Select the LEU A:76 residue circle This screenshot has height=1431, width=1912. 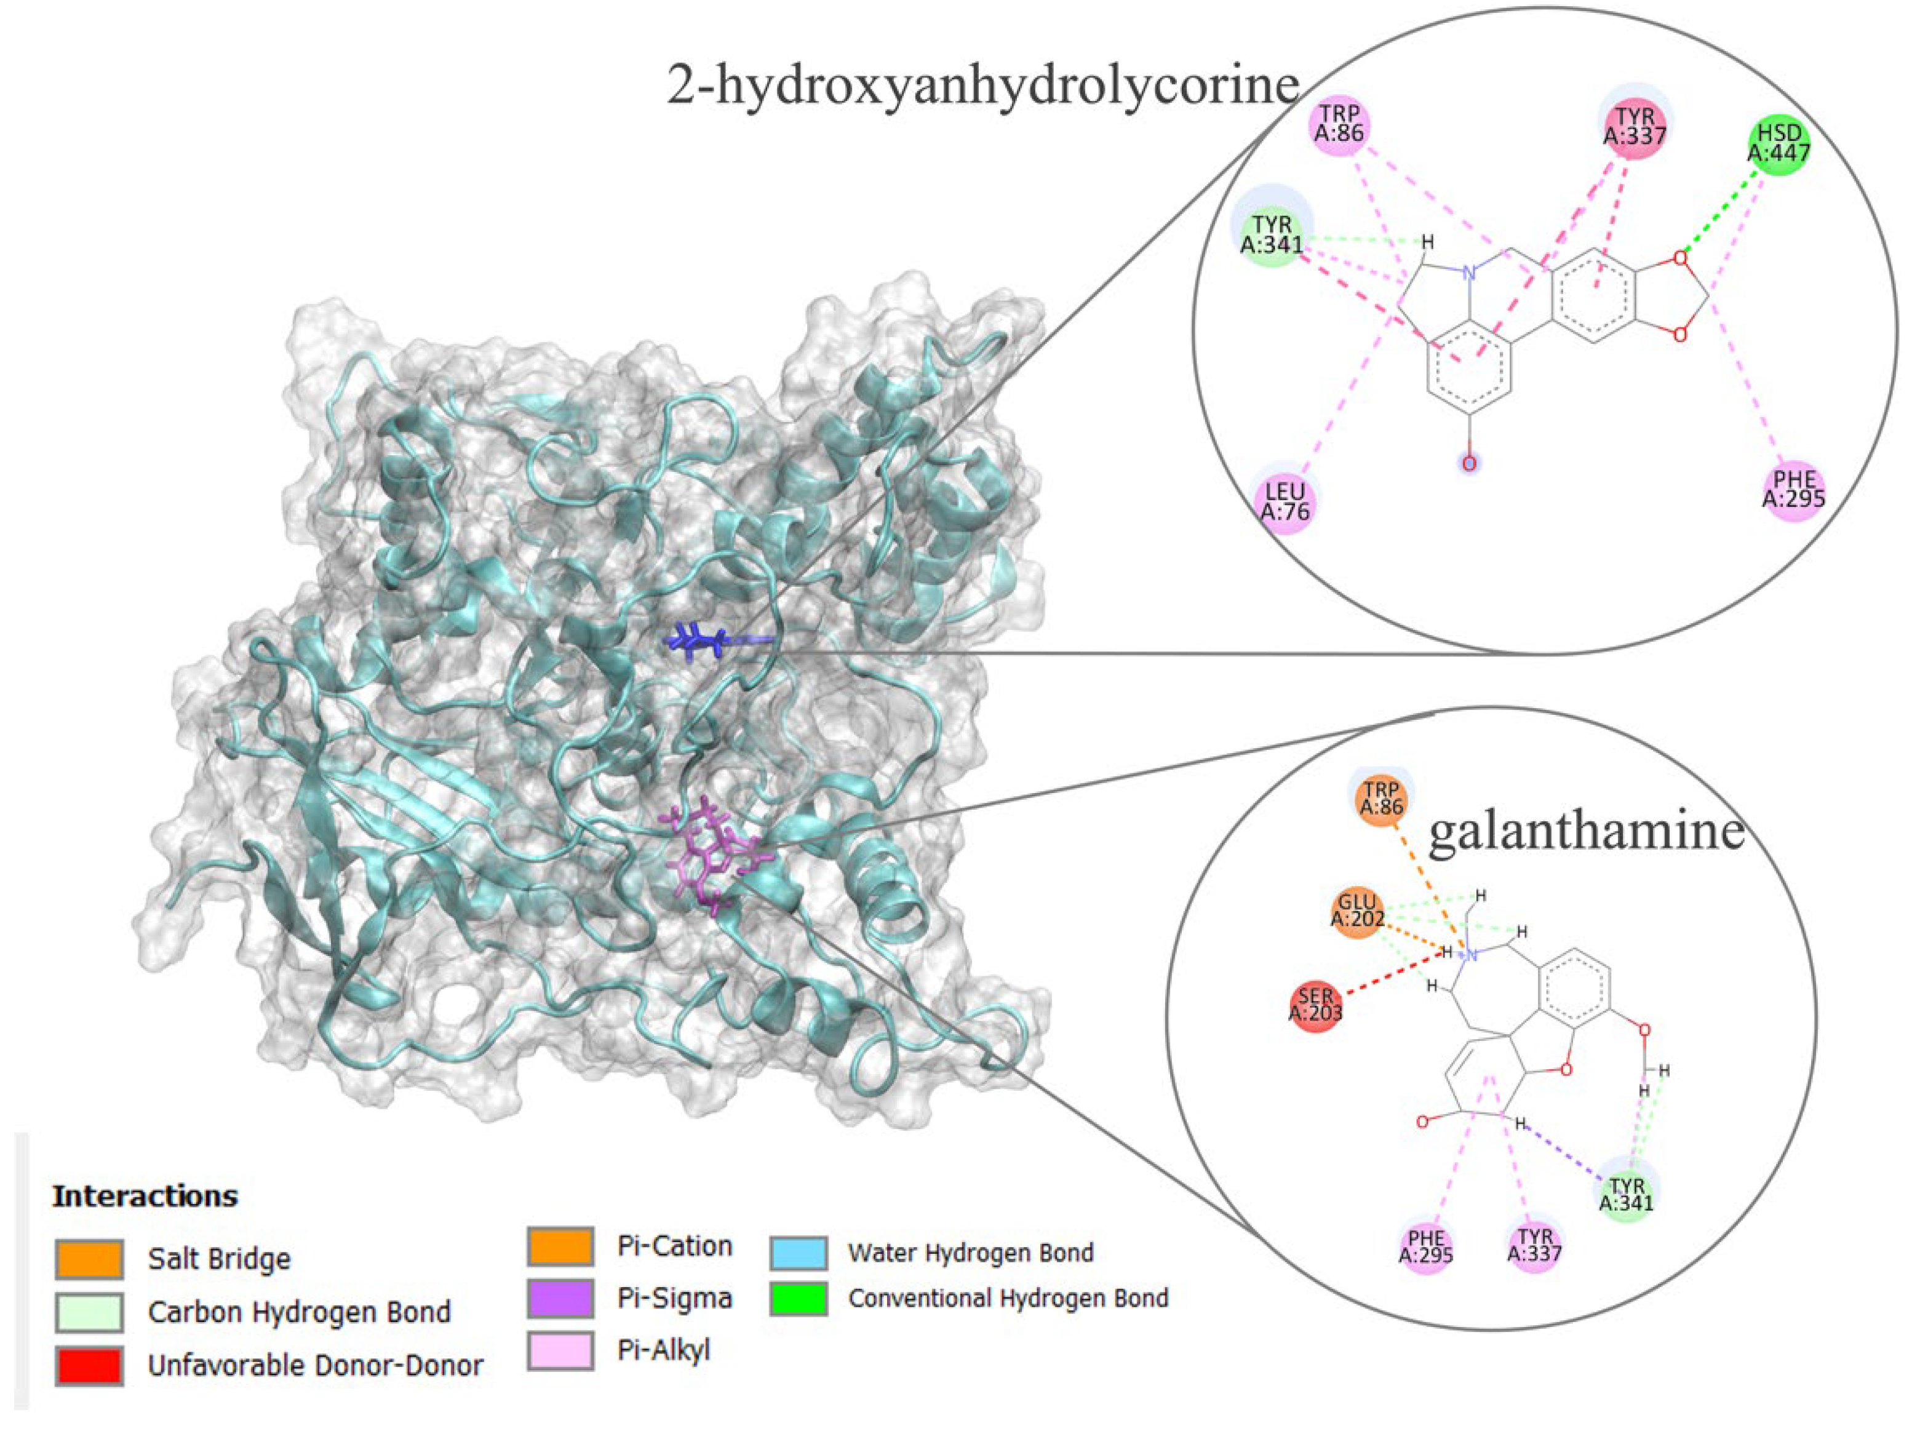point(1285,501)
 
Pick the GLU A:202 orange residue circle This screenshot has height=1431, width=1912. point(1358,910)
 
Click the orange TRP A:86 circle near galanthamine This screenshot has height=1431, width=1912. point(1380,798)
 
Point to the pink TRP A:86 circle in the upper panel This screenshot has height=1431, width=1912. point(1339,124)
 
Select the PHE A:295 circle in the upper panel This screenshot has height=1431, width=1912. point(1794,488)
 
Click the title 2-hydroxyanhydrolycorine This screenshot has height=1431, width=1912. point(983,87)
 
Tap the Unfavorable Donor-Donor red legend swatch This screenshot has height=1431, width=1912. point(89,1365)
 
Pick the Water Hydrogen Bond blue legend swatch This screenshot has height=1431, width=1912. point(799,1252)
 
